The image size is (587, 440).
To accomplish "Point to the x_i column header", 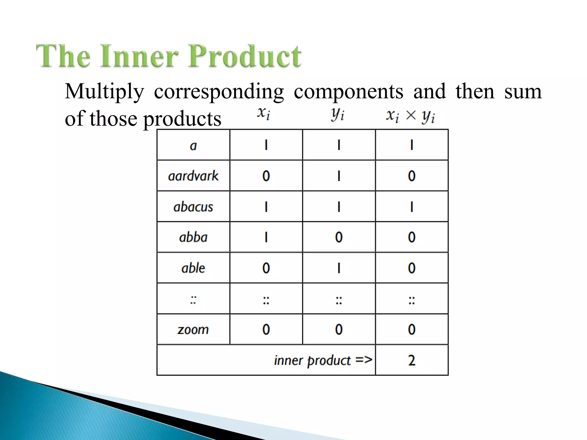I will [263, 114].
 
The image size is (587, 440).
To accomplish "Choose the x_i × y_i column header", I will [410, 116].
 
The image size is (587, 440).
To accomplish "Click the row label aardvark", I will [193, 176].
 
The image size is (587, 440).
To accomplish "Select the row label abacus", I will [193, 207].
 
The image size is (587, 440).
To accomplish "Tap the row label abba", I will [193, 237].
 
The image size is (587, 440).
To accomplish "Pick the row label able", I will [193, 268].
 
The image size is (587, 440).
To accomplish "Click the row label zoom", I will [193, 329].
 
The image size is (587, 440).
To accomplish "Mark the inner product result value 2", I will [412, 360].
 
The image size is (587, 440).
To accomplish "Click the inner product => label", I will [323, 360].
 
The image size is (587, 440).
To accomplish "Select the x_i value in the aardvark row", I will [266, 176].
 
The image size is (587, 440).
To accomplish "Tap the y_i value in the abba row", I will [339, 237].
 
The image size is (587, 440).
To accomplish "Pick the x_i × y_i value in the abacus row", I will [412, 207].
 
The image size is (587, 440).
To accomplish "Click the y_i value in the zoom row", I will [339, 329].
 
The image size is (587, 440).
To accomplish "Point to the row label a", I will [193, 146].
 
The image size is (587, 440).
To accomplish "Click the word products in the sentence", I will [182, 119].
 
